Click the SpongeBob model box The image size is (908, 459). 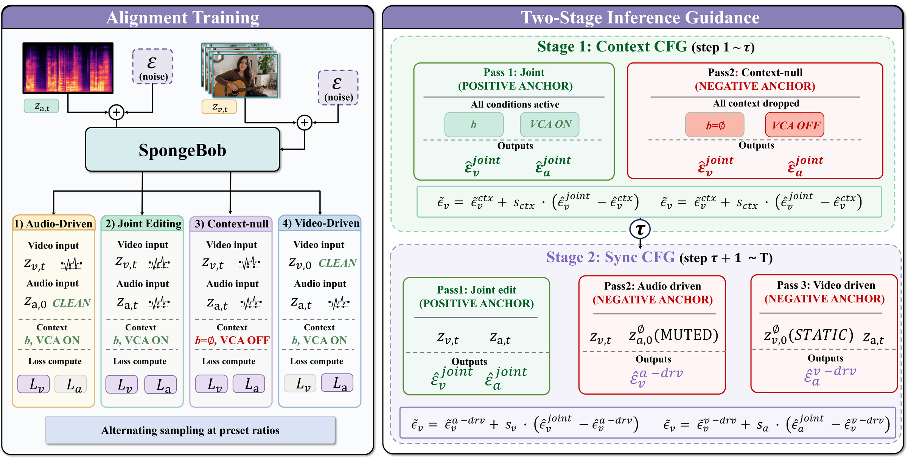(182, 150)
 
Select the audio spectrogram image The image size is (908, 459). (68, 68)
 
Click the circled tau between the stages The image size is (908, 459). (640, 229)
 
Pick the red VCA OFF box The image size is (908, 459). (794, 125)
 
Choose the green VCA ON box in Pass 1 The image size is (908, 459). (550, 124)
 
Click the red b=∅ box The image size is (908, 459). (715, 125)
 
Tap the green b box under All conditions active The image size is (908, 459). (474, 124)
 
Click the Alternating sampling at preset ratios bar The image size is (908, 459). (190, 430)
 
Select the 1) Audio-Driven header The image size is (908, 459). (53, 224)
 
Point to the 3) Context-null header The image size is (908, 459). (231, 224)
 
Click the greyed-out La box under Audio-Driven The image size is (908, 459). (71, 384)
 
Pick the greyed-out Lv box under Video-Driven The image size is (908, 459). (300, 383)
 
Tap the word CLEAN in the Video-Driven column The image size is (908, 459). (338, 263)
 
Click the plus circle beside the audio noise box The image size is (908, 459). (117, 112)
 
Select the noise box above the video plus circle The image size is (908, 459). (338, 87)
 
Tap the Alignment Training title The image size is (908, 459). (183, 17)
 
